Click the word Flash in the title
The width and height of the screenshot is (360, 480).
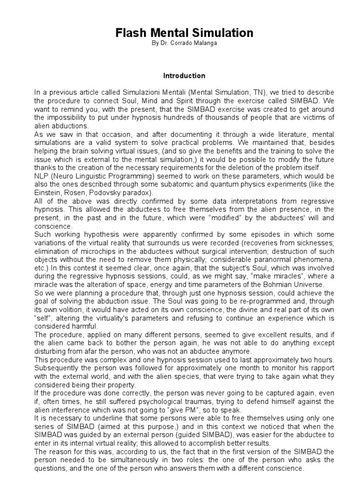click(132, 33)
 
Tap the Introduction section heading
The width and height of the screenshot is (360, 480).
click(184, 75)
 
